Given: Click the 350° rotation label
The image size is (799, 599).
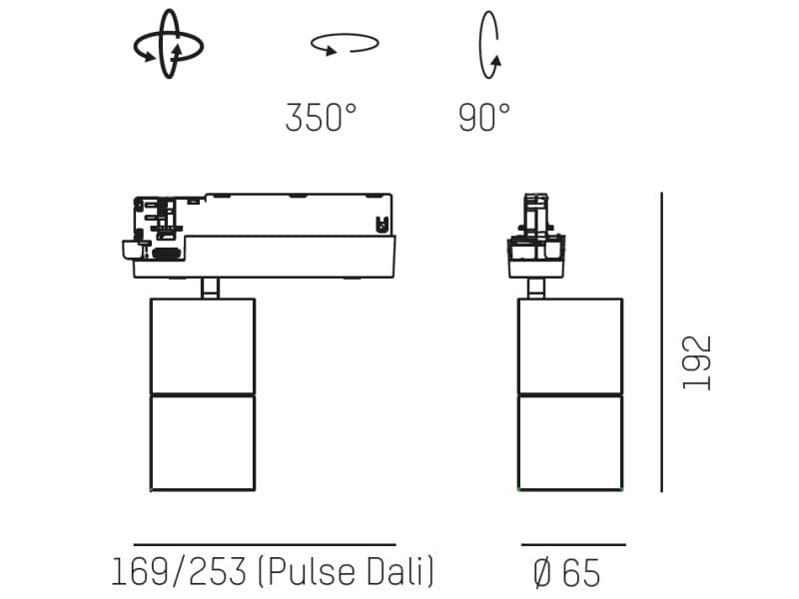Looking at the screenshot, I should click(x=321, y=118).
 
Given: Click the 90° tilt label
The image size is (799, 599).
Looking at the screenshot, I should click(x=484, y=118).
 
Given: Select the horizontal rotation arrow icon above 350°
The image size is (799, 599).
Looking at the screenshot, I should click(x=345, y=44).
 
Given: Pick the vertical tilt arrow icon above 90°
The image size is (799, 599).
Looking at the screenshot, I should click(x=489, y=44).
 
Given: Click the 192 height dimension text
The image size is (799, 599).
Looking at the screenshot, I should click(x=697, y=362).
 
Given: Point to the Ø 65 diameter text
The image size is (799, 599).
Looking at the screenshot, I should click(x=567, y=573).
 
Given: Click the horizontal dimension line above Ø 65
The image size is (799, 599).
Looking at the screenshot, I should click(x=573, y=545).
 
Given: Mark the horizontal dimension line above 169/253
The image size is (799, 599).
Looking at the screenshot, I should click(x=265, y=545).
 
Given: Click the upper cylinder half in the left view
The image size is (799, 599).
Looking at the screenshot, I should click(x=203, y=345).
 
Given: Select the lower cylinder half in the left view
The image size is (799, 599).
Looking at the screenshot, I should click(x=203, y=442).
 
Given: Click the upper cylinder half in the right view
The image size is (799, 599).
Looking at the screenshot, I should click(x=570, y=345).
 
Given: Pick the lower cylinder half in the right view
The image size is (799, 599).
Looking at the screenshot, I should click(x=570, y=442).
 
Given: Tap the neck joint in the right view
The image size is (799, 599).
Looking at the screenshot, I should click(x=536, y=288).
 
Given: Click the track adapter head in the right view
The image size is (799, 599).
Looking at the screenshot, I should click(x=536, y=236).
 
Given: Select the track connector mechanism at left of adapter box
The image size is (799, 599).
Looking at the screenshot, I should click(x=155, y=230).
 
